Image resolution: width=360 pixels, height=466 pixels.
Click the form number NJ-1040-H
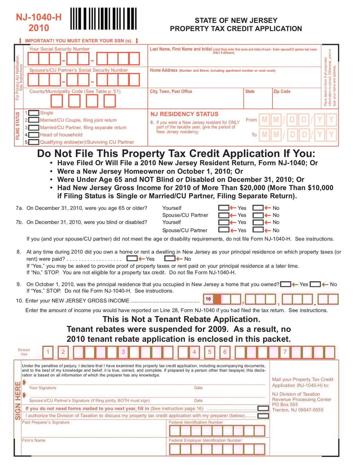pyautogui.click(x=39, y=18)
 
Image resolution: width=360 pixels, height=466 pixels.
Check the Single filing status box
pyautogui.click(x=33, y=113)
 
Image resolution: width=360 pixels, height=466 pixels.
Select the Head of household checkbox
pyautogui.click(x=33, y=135)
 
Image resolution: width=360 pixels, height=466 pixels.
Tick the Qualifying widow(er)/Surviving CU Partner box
pyautogui.click(x=33, y=142)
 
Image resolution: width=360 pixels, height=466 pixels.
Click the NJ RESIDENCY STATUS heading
pyautogui.click(x=184, y=114)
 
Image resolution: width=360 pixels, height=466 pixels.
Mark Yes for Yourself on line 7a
pyautogui.click(x=223, y=208)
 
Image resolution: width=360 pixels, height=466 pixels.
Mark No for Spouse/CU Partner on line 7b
pyautogui.click(x=258, y=230)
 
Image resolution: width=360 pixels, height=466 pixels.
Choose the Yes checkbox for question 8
pyautogui.click(x=132, y=259)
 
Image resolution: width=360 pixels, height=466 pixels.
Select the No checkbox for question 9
pyautogui.click(x=315, y=285)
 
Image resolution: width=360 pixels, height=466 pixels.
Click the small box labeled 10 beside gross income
pyautogui.click(x=208, y=299)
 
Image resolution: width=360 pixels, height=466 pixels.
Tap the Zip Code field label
pyautogui.click(x=282, y=91)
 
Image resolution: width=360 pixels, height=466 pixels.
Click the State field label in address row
pyautogui.click(x=250, y=91)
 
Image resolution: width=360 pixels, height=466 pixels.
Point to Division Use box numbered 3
pyautogui.click(x=123, y=352)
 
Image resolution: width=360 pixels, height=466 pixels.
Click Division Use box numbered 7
pyautogui.click(x=284, y=352)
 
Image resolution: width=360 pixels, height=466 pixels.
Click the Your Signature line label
pyautogui.click(x=43, y=388)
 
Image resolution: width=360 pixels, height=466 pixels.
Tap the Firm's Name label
pyautogui.click(x=34, y=440)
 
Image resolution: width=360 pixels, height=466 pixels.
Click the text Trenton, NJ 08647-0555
pyautogui.click(x=297, y=410)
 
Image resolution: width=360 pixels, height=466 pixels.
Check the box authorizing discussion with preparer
pyautogui.click(x=263, y=416)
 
